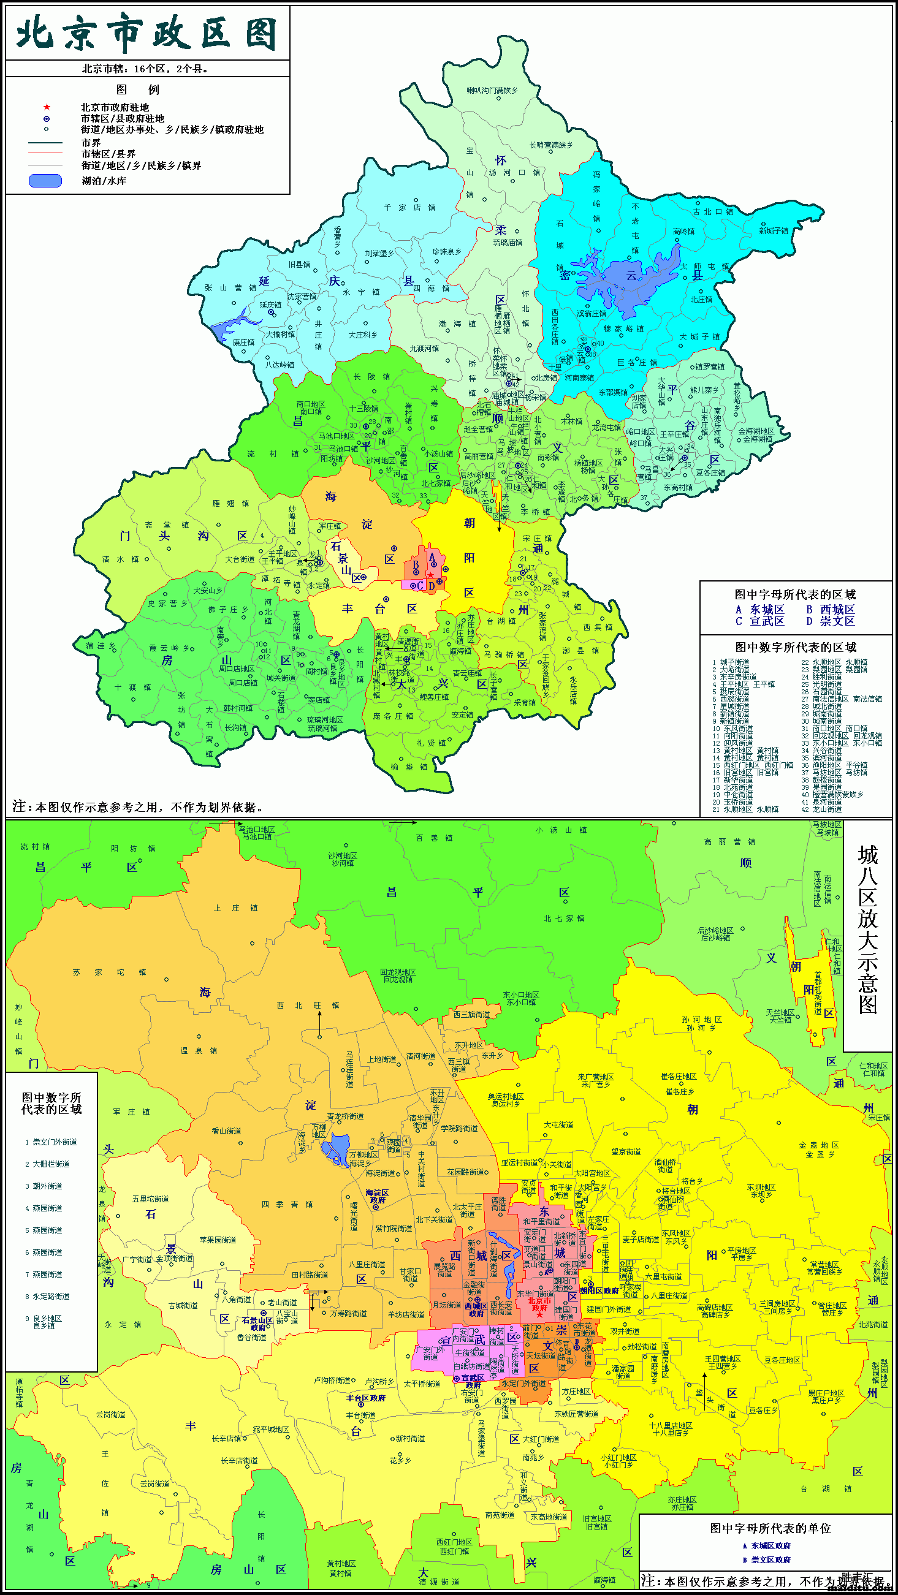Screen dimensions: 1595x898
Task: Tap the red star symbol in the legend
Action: (x=47, y=107)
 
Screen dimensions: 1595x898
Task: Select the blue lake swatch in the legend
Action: (x=45, y=181)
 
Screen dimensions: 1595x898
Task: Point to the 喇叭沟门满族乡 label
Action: (x=492, y=91)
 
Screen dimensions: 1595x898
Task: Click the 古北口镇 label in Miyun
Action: (x=713, y=212)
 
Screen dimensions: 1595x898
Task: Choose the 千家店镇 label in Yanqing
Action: (x=409, y=208)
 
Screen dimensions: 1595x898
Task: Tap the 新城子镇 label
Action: (x=774, y=230)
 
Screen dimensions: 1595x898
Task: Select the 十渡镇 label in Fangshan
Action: (x=132, y=688)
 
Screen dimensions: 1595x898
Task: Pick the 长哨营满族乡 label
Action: (x=550, y=145)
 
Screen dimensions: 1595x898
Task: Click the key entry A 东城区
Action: (x=760, y=609)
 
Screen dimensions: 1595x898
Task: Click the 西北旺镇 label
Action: (x=308, y=1005)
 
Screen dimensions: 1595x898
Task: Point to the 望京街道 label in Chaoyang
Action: (x=625, y=1151)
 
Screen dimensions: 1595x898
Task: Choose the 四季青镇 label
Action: (x=287, y=1204)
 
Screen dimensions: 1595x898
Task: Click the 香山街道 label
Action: (x=226, y=1131)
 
